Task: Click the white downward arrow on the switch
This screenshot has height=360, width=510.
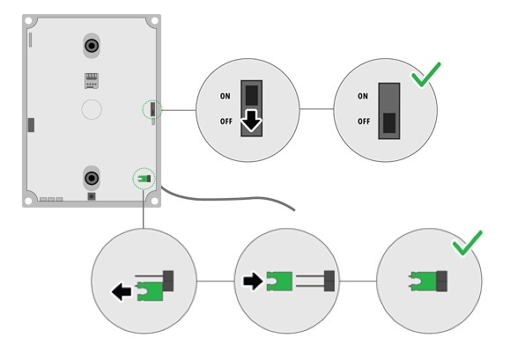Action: (x=251, y=121)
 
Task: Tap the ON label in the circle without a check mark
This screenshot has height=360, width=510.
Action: (x=225, y=96)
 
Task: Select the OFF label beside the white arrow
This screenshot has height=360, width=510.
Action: (x=226, y=121)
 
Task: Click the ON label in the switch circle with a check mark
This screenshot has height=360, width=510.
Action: (x=363, y=96)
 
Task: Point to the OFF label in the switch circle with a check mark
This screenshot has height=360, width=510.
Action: (x=364, y=121)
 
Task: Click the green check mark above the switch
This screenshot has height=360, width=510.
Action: (x=426, y=75)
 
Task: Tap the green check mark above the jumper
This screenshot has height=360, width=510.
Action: (x=468, y=243)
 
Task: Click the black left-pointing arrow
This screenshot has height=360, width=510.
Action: (x=122, y=291)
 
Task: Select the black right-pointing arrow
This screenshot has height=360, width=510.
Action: (x=253, y=281)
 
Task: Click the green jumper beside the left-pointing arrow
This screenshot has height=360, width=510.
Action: (x=150, y=291)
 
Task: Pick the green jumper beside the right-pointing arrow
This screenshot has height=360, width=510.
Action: (x=279, y=282)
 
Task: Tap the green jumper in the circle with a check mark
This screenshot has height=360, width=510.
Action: (x=423, y=282)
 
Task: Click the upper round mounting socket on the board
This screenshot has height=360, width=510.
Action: (x=92, y=46)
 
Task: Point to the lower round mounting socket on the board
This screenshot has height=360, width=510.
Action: (x=92, y=178)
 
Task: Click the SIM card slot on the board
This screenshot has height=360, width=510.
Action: (x=92, y=81)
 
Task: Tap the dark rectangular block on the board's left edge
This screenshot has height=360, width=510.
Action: (x=31, y=125)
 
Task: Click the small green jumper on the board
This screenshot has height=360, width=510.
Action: (x=143, y=179)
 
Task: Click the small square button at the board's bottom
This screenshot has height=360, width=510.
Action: (x=92, y=196)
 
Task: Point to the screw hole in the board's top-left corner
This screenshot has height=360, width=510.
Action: (x=28, y=21)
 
